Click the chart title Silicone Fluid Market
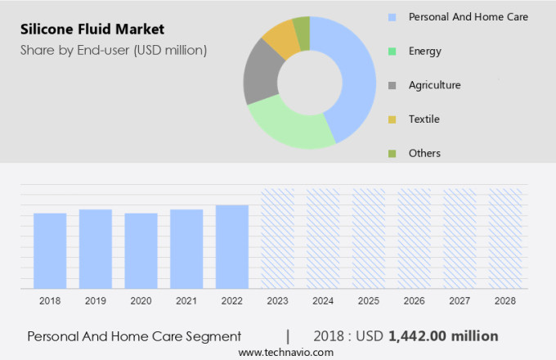coord(92,30)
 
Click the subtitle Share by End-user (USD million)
coord(114,50)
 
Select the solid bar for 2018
coord(50,250)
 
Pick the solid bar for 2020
coord(141,250)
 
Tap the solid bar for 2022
coord(232,246)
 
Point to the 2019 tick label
coord(96,301)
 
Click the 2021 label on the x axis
coord(186,301)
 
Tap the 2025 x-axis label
coord(369,301)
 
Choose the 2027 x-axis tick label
coord(460,301)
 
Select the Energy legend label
coord(424,51)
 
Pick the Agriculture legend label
coord(434,85)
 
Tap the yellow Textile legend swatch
coord(392,119)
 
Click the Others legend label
coord(424,153)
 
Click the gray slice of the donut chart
coord(261,71)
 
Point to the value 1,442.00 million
coord(443,335)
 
